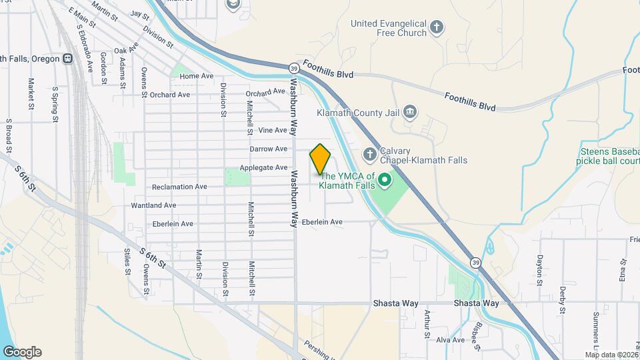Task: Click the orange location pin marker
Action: (320, 159)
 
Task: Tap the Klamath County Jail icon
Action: (409, 111)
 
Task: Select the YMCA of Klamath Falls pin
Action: (384, 180)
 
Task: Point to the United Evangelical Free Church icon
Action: (437, 27)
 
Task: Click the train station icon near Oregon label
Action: (67, 59)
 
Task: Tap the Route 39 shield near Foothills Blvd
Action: (293, 68)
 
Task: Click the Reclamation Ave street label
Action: (179, 187)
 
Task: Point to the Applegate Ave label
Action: (268, 167)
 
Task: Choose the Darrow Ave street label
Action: (268, 149)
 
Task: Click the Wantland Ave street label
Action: (153, 205)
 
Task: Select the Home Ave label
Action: (197, 76)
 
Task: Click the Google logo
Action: (22, 352)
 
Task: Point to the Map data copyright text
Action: (611, 355)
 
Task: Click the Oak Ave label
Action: (125, 50)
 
